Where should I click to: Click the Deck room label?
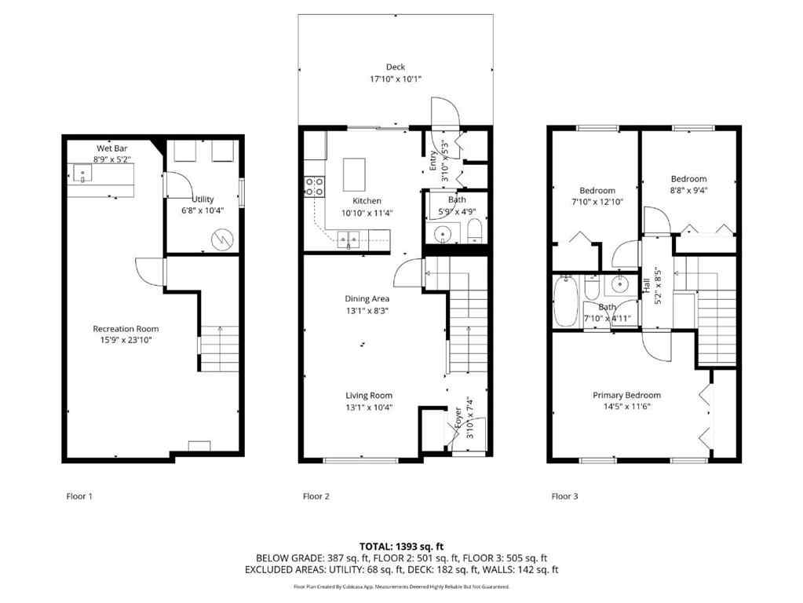[396, 68]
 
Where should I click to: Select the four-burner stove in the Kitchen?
[315, 186]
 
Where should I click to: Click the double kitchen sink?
[349, 236]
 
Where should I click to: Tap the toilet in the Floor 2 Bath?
[473, 232]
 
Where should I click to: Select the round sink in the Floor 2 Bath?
[444, 234]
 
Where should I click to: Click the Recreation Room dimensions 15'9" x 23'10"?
[126, 341]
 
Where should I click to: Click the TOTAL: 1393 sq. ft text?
[401, 546]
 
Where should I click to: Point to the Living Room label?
[369, 396]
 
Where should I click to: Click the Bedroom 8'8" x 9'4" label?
[688, 179]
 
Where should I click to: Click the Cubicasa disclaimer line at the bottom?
[401, 587]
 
